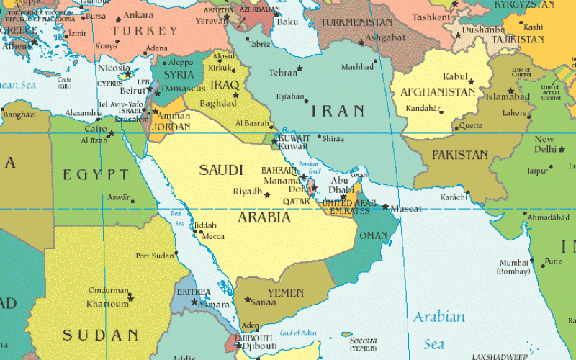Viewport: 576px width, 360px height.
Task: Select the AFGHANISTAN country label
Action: (x=437, y=92)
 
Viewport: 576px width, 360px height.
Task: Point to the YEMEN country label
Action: (x=286, y=293)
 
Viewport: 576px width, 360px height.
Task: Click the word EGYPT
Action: (x=96, y=174)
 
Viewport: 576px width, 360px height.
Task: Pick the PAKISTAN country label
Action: (x=460, y=155)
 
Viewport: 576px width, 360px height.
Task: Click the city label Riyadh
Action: (x=248, y=192)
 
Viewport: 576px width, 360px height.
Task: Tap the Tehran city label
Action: (x=283, y=73)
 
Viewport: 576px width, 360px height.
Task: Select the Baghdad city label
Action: (x=217, y=104)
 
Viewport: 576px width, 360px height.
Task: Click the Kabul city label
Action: (x=455, y=76)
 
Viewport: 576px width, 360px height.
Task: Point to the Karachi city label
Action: (x=454, y=197)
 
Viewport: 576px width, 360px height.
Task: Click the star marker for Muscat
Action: (x=386, y=207)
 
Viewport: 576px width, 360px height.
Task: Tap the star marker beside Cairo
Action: (x=110, y=134)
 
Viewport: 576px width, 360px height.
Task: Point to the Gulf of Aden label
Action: (x=297, y=332)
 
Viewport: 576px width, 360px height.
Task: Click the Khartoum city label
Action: (x=107, y=304)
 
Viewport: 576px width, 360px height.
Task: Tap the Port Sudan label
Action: (x=155, y=256)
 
